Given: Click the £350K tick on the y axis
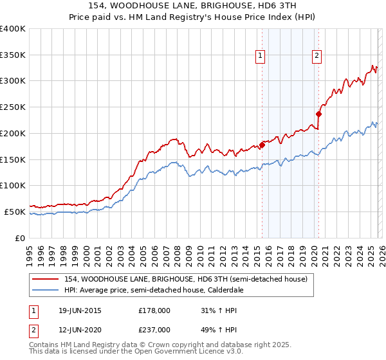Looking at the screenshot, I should (13, 55).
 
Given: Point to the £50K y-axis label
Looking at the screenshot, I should (15, 212).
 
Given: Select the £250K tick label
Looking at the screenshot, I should (13, 107).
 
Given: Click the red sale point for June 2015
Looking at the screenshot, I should (262, 145).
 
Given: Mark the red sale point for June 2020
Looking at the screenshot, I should (318, 114).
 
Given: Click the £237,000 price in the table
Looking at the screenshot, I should (154, 328).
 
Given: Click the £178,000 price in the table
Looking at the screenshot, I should (154, 310).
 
